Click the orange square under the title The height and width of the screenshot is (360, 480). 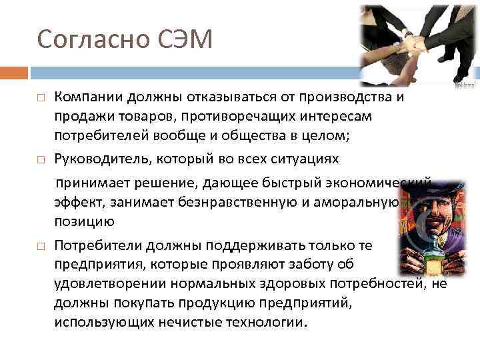(14, 72)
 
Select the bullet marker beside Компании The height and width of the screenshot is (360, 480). (41, 97)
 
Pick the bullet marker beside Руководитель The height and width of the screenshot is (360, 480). (41, 160)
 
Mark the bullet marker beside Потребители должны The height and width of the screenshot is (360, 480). (41, 246)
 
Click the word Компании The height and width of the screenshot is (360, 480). (85, 97)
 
